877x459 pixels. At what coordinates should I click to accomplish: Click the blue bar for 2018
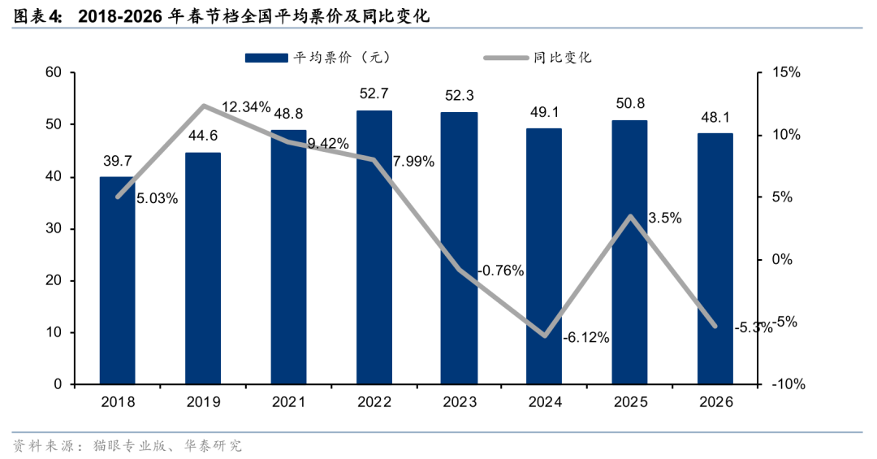tap(117, 280)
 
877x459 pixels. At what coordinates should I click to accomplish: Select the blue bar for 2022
tap(374, 247)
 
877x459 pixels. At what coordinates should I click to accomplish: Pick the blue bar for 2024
tap(544, 256)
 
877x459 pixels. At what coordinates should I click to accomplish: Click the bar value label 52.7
tap(374, 93)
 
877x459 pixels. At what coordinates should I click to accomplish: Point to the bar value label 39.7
tap(117, 160)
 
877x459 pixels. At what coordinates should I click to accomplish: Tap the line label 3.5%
tap(664, 218)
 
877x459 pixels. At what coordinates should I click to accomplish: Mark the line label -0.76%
tap(500, 271)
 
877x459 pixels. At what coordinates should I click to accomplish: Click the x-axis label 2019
tap(203, 402)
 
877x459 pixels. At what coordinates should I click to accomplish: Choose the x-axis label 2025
tap(630, 402)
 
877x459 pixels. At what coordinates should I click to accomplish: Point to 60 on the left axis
tap(54, 72)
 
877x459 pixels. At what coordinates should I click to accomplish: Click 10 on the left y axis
tap(54, 332)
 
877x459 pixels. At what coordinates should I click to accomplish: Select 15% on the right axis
tap(785, 72)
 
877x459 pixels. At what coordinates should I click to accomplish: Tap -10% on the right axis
tap(784, 384)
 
